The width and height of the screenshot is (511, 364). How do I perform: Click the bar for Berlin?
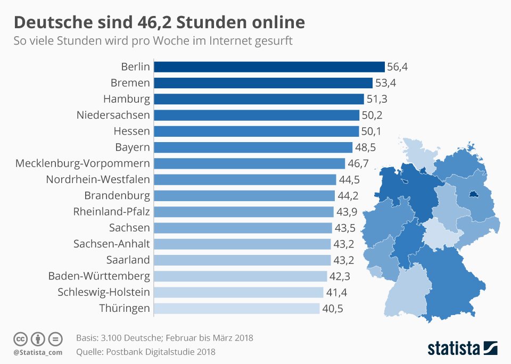click(x=269, y=67)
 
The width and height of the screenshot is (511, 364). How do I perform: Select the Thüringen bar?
click(x=236, y=308)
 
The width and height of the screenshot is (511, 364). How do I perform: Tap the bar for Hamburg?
click(x=259, y=99)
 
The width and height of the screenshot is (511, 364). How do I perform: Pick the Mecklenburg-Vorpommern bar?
click(x=249, y=163)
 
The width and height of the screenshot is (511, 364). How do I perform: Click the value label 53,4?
click(x=385, y=83)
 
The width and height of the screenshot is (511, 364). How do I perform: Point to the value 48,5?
click(x=365, y=147)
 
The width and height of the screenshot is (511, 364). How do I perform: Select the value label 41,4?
click(x=336, y=292)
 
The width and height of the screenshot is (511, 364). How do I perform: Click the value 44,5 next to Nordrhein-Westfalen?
click(x=349, y=179)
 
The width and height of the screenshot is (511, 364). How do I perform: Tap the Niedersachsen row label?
click(x=113, y=115)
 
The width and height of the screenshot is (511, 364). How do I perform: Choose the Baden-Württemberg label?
click(x=99, y=276)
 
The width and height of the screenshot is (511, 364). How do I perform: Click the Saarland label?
click(x=128, y=260)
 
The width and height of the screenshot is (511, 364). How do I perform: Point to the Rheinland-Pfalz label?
click(x=111, y=212)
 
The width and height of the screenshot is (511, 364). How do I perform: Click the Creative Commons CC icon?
click(x=20, y=339)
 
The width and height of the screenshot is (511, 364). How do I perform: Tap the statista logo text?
click(x=454, y=349)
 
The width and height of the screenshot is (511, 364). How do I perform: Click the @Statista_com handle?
click(x=38, y=352)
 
